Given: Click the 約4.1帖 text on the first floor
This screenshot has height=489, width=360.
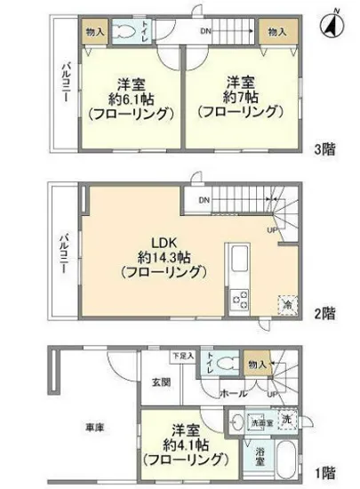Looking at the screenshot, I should tap(184, 445).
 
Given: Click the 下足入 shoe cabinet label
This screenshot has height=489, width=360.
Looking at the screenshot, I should tap(183, 355).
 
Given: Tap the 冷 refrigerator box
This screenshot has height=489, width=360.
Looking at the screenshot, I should tap(287, 303).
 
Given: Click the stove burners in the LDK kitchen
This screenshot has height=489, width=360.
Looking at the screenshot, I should tap(240, 301).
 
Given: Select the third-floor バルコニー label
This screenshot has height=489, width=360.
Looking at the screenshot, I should tap(64, 82).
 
